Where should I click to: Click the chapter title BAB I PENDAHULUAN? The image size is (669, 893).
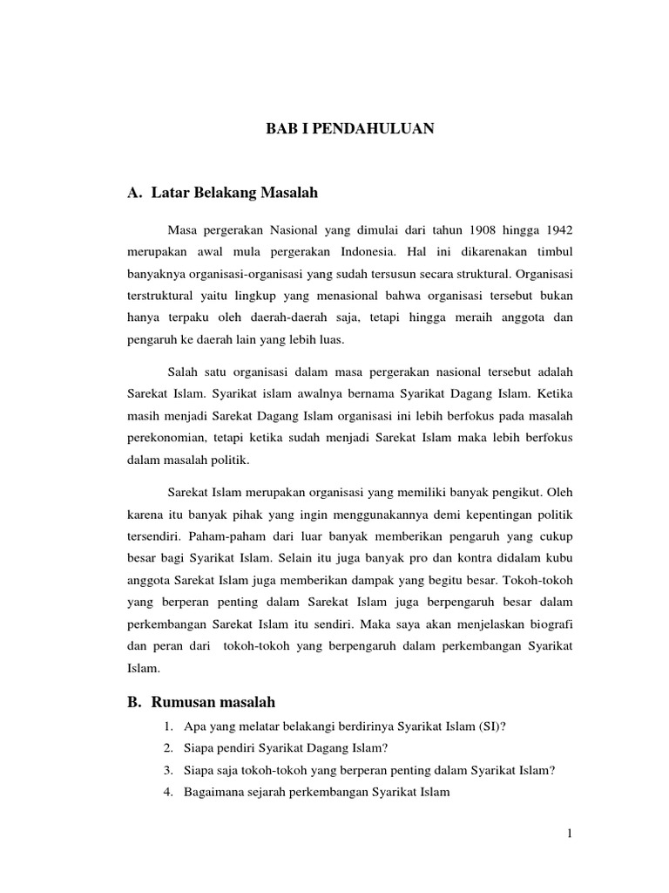(x=349, y=129)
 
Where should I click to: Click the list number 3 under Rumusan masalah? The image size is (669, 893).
(x=166, y=770)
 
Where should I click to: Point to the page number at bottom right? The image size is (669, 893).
(x=569, y=834)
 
